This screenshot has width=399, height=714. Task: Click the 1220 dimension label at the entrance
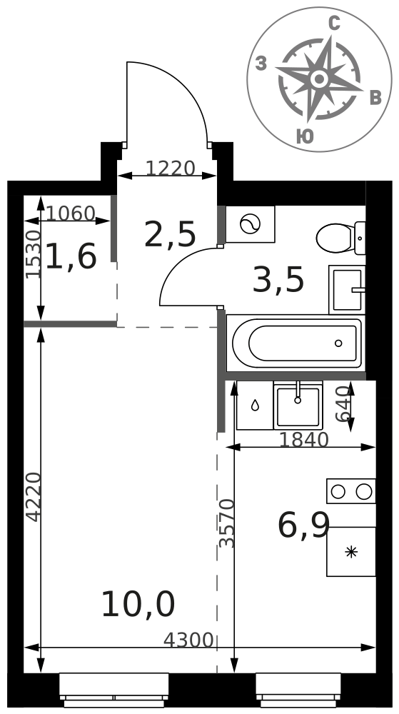tap(170, 169)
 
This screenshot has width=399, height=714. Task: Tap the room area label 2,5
tap(170, 235)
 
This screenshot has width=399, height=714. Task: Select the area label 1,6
tap(71, 256)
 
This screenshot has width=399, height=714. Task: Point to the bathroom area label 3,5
tap(278, 281)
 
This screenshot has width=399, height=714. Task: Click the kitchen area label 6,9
tap(303, 526)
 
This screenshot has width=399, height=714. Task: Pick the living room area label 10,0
tap(138, 605)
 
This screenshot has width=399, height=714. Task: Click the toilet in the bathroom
tap(340, 238)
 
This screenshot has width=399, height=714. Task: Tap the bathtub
tap(296, 343)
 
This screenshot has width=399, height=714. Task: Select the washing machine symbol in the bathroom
tap(251, 224)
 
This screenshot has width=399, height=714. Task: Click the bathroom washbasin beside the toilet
tap(347, 290)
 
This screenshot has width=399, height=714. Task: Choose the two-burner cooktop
tap(351, 491)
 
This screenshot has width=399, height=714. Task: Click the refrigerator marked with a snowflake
tap(351, 552)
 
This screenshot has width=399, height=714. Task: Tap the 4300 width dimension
tap(188, 640)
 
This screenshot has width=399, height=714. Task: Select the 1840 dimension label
tap(303, 440)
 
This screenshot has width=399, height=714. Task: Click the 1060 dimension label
tap(71, 213)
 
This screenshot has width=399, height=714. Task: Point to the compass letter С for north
tap(334, 24)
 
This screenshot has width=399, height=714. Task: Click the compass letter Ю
tap(305, 136)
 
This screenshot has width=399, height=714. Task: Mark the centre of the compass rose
tap(319, 79)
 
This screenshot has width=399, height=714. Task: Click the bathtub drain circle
tap(338, 343)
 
